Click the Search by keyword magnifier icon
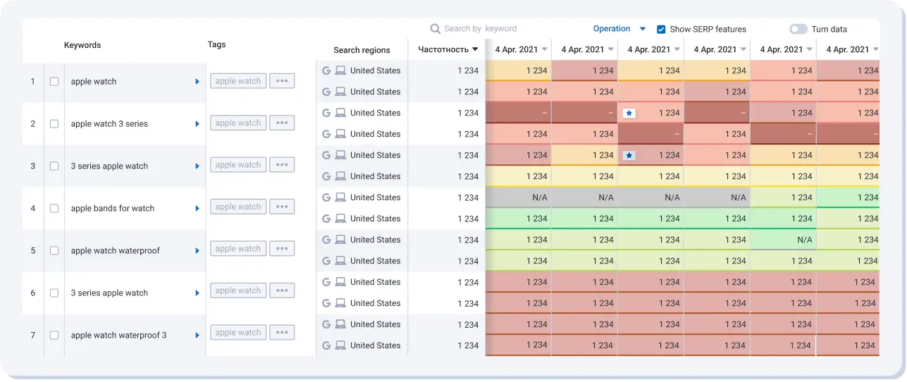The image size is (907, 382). pyautogui.click(x=436, y=29)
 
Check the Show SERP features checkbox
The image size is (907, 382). pyautogui.click(x=661, y=30)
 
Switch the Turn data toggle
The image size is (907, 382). pyautogui.click(x=798, y=30)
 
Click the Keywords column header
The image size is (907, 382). pyautogui.click(x=82, y=45)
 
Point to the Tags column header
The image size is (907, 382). pyautogui.click(x=216, y=44)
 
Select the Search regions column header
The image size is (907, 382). pyautogui.click(x=362, y=50)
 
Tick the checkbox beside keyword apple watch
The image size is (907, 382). pyautogui.click(x=54, y=82)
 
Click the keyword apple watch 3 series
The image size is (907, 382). pyautogui.click(x=109, y=124)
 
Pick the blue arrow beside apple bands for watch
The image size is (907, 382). pyautogui.click(x=197, y=209)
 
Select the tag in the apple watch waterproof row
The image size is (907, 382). pyautogui.click(x=238, y=249)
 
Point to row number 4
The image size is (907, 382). pyautogui.click(x=33, y=209)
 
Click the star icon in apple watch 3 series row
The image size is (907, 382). pyautogui.click(x=629, y=113)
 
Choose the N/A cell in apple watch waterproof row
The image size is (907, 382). pyautogui.click(x=804, y=240)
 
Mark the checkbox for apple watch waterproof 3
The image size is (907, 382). pyautogui.click(x=54, y=335)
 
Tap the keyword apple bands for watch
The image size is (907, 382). pyautogui.click(x=112, y=209)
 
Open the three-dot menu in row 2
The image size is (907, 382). pyautogui.click(x=282, y=123)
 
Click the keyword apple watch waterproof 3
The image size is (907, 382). pyautogui.click(x=118, y=335)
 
